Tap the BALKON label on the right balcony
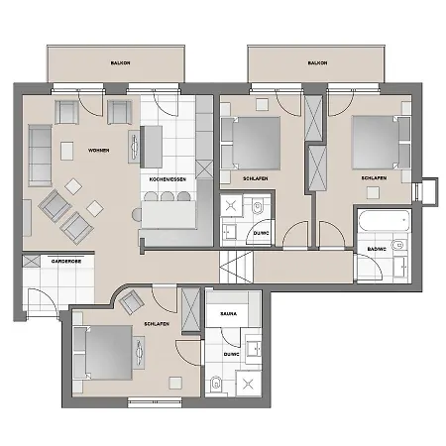tap(317, 62)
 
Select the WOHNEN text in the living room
tap(98, 150)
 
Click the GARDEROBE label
tap(45, 264)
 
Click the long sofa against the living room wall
tap(41, 150)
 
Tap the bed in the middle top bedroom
tap(256, 143)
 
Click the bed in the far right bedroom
tap(378, 143)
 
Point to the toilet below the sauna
tap(215, 384)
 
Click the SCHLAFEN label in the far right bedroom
tap(374, 178)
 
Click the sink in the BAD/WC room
tap(397, 243)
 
